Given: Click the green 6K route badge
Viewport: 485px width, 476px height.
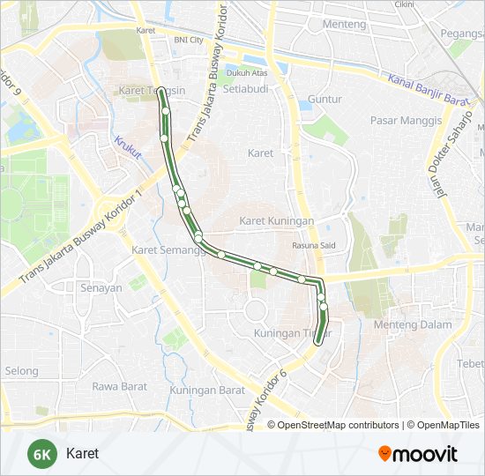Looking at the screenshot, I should point(41,454).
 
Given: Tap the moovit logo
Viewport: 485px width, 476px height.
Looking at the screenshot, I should point(418,454).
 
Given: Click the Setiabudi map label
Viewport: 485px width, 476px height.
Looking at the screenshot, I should point(244,89).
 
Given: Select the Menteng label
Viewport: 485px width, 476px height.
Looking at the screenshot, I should point(319,24).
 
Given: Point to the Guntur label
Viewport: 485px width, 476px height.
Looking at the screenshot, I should point(324,100).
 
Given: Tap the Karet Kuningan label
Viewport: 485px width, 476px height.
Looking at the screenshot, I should point(277,220).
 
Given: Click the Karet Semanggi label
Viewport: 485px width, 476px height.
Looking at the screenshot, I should point(168,250).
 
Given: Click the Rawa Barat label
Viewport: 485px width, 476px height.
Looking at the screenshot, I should point(118,385).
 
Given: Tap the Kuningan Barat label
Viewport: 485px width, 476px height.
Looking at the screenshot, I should point(207,390).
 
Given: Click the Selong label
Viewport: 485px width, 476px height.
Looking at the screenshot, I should point(21,371).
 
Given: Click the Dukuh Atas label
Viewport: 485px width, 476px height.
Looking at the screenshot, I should point(246,73).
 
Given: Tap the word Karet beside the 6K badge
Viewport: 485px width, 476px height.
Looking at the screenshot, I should point(82,454).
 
